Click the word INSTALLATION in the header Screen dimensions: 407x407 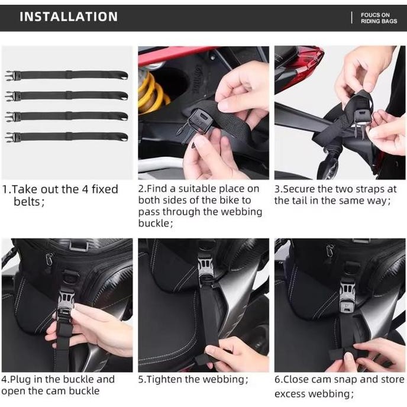coord(69,17)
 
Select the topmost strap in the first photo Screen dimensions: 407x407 coord(70,75)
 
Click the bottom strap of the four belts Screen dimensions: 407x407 coord(70,137)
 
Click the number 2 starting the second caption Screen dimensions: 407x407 coord(141,189)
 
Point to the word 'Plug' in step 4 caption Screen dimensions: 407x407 coord(23,379)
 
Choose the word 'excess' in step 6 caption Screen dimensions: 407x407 coord(290,393)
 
